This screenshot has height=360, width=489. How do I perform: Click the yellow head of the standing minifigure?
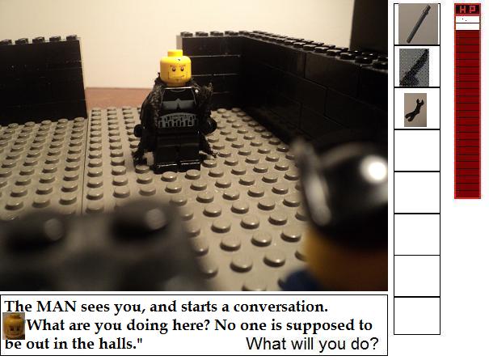tap(175, 69)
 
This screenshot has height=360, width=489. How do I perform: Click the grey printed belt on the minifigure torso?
tap(178, 121)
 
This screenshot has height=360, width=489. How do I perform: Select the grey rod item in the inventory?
tap(418, 24)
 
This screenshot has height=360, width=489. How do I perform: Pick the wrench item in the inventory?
tap(415, 110)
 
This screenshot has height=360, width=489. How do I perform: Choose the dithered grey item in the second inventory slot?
tap(414, 67)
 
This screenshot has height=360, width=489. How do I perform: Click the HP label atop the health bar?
tap(467, 10)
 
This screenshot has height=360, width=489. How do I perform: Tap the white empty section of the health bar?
tap(467, 23)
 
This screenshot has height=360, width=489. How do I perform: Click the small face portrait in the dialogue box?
tap(14, 326)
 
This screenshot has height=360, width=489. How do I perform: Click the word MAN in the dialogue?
tap(57, 307)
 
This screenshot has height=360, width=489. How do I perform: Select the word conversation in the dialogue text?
tap(280, 307)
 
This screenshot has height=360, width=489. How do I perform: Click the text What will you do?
tap(312, 344)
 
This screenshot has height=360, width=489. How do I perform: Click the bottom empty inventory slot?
tap(417, 316)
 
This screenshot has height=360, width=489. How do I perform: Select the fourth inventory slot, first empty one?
tap(417, 150)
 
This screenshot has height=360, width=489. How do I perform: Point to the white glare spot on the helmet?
tap(373, 169)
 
